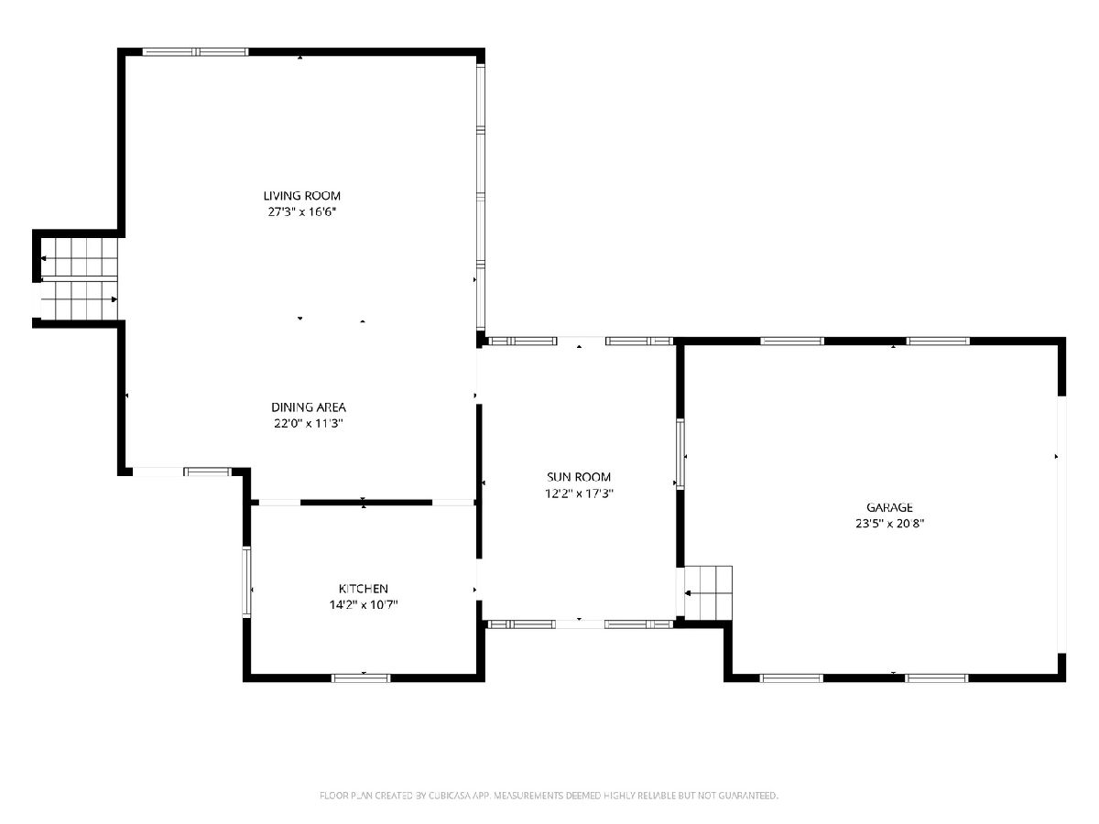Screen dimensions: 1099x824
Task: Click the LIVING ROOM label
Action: (302, 196)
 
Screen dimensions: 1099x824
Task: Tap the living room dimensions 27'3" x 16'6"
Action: (302, 211)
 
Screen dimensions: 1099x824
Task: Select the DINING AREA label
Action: (309, 407)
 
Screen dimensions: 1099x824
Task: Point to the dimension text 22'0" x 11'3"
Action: (309, 423)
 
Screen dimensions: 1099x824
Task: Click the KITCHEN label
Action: (364, 589)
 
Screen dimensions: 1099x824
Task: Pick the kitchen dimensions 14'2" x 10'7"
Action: (364, 604)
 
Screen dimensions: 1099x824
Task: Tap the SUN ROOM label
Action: (579, 477)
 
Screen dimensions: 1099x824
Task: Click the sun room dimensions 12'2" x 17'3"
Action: (579, 493)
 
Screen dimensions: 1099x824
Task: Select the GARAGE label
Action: (889, 507)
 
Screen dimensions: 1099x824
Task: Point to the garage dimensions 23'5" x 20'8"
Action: (889, 524)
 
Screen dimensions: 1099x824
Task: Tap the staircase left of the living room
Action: (79, 278)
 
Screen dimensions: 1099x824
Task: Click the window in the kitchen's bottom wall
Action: (361, 678)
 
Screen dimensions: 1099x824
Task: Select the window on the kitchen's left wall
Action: (246, 582)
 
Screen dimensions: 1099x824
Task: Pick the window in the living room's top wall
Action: (195, 51)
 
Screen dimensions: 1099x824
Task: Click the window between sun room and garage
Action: (680, 454)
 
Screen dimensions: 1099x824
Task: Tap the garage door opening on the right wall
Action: (1061, 525)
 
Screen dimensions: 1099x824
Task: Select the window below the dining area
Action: (207, 472)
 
